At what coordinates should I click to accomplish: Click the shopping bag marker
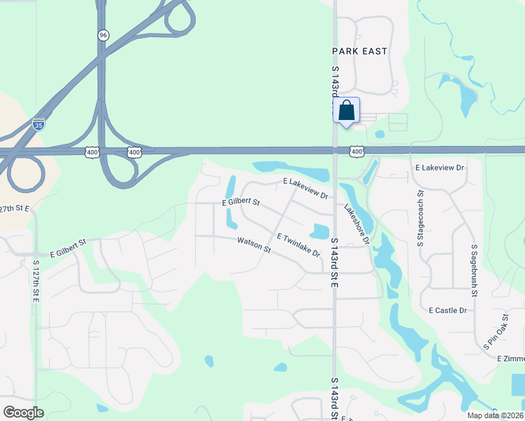coord(346,111)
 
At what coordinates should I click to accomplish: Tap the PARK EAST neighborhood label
coord(359,51)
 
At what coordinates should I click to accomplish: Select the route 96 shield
coord(103,35)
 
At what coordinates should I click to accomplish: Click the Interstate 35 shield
coord(40,126)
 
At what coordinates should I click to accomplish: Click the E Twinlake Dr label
coord(298,245)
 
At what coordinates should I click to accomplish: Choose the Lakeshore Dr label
coord(357,224)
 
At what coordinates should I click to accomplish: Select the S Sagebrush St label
coord(474,266)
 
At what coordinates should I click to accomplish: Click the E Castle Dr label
coord(448,310)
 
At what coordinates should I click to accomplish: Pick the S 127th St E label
coord(36,281)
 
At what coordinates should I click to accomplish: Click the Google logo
coord(23,413)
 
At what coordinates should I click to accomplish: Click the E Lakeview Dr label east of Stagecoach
coord(440,168)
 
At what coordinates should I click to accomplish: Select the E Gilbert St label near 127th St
coord(68,247)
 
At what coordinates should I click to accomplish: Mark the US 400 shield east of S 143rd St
coord(357,152)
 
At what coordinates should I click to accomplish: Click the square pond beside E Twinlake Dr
coord(319,231)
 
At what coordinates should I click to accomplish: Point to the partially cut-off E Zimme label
coord(510,359)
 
